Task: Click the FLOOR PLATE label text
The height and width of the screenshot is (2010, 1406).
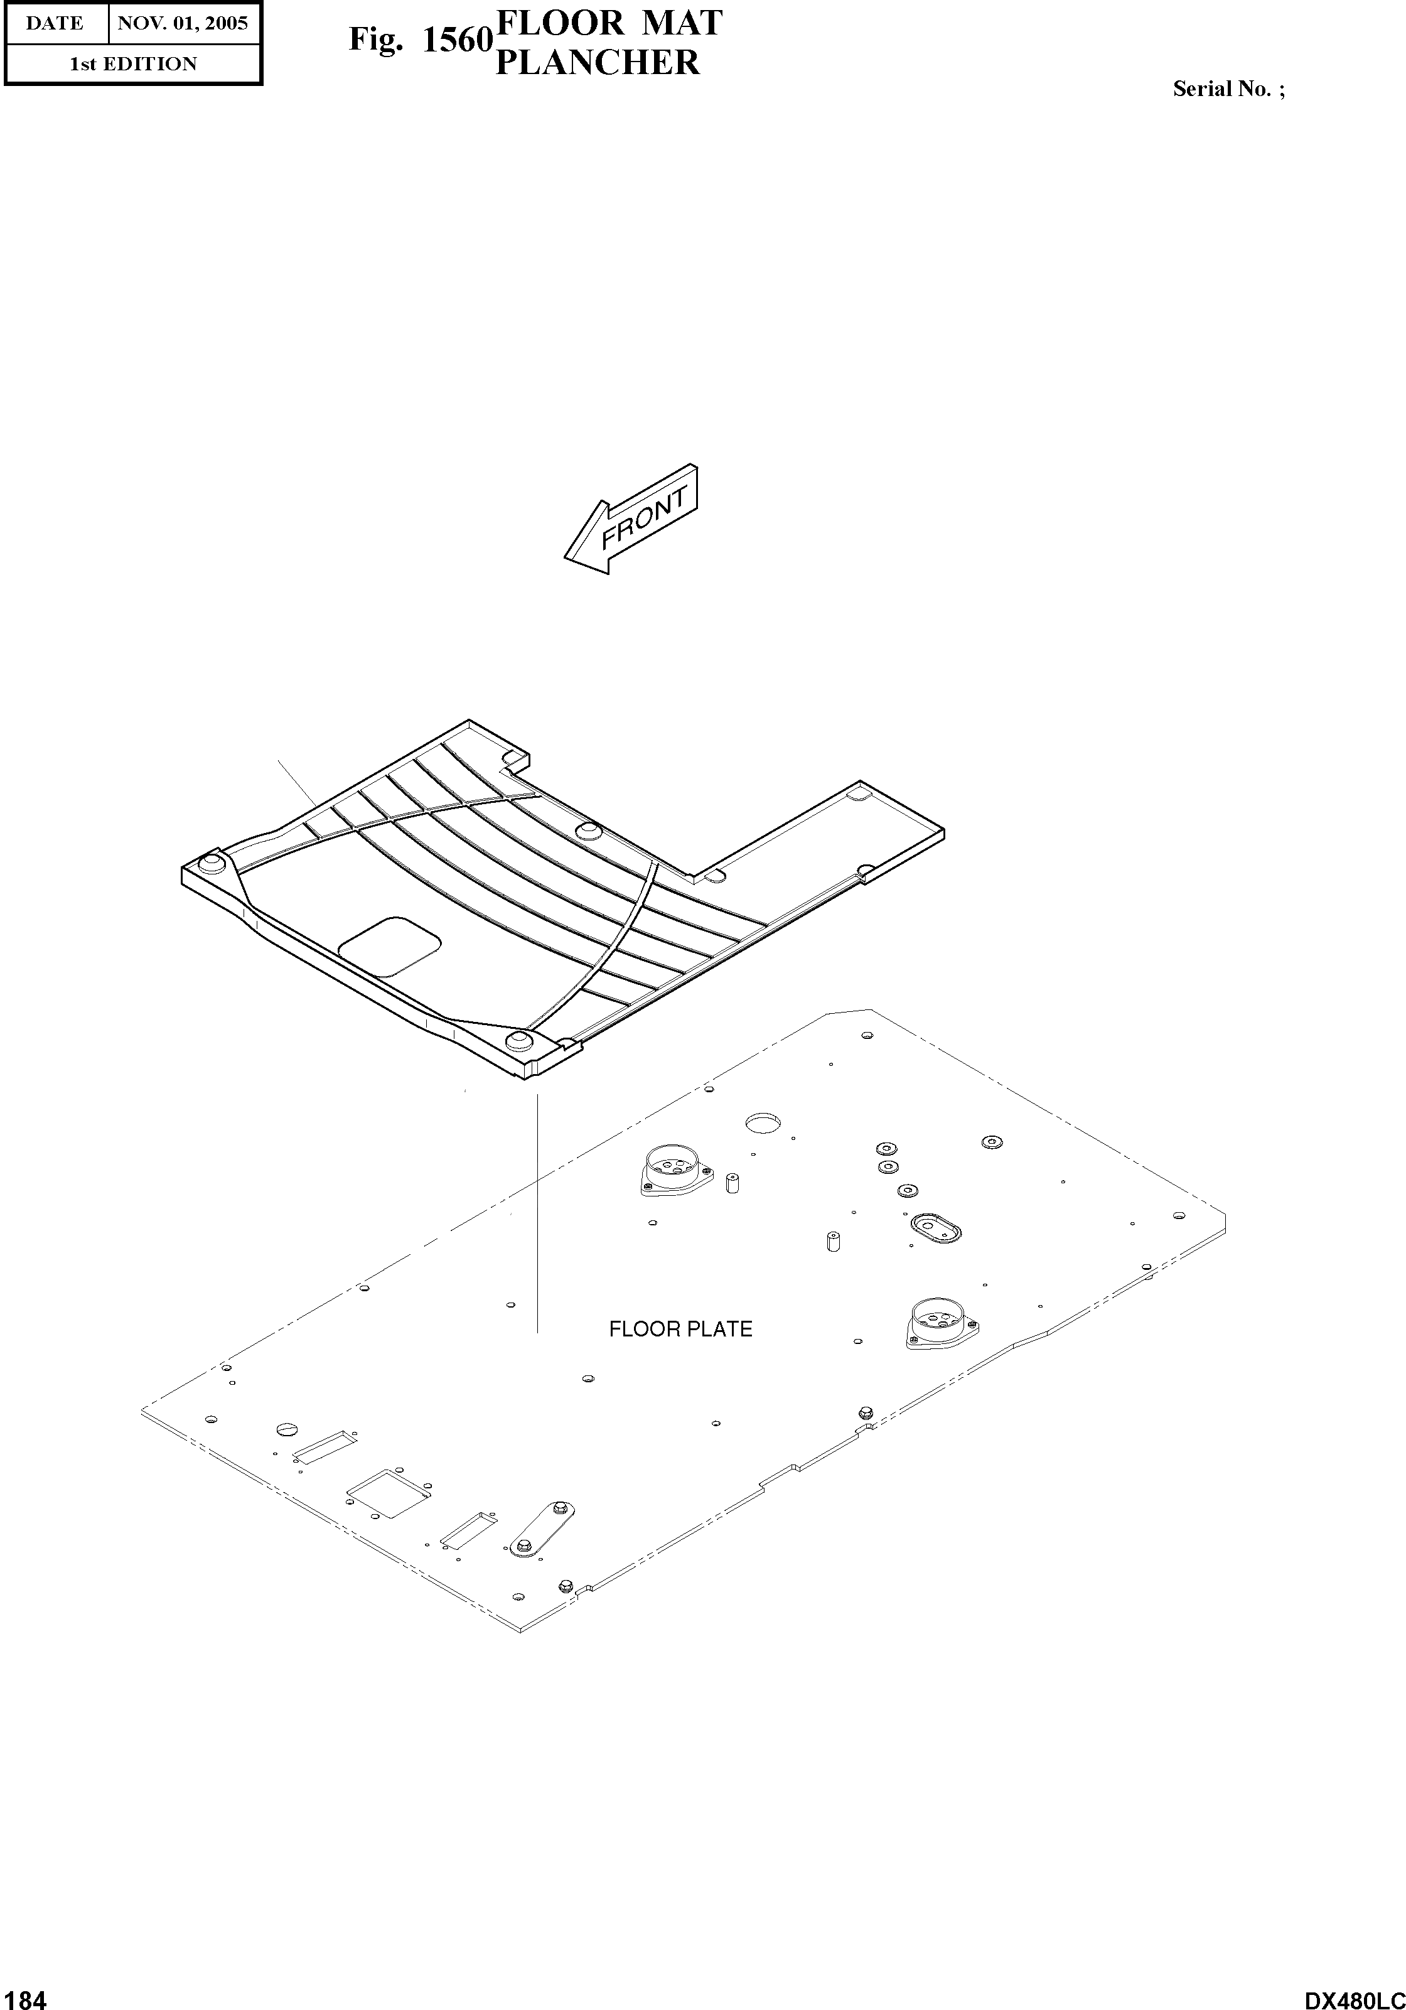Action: (680, 1329)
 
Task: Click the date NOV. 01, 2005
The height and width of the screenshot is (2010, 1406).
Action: (183, 23)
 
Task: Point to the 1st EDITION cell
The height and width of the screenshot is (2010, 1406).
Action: (133, 64)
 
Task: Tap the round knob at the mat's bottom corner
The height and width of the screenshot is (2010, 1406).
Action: (519, 1040)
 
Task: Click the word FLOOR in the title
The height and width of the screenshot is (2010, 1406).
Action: (561, 23)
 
